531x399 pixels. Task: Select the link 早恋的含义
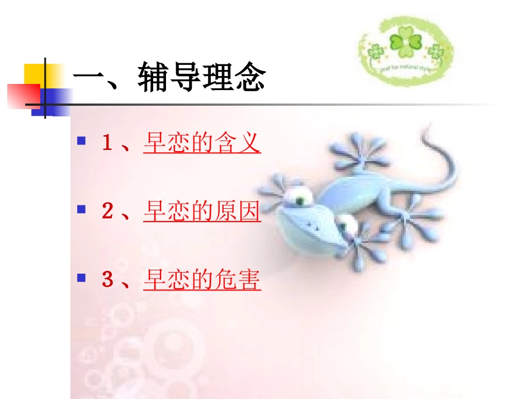tap(202, 143)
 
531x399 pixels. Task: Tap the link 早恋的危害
tap(202, 280)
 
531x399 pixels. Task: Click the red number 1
tap(107, 143)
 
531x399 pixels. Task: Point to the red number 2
tap(107, 212)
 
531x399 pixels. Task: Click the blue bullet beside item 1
tap(82, 140)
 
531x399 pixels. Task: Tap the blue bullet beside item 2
tap(82, 209)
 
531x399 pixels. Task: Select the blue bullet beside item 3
tap(82, 278)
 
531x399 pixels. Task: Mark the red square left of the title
tap(21, 95)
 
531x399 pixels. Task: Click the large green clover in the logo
tap(405, 43)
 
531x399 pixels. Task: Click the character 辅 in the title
tap(154, 79)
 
